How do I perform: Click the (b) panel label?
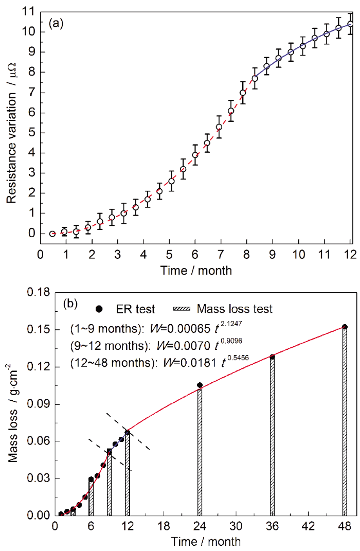(x=70, y=303)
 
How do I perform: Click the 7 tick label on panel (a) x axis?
(x=221, y=254)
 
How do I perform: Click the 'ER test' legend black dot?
(x=100, y=309)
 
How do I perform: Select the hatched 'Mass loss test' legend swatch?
(x=183, y=309)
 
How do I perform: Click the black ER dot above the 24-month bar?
(x=200, y=385)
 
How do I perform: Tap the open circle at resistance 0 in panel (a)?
(x=52, y=234)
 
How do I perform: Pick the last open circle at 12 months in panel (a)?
(x=350, y=24)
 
